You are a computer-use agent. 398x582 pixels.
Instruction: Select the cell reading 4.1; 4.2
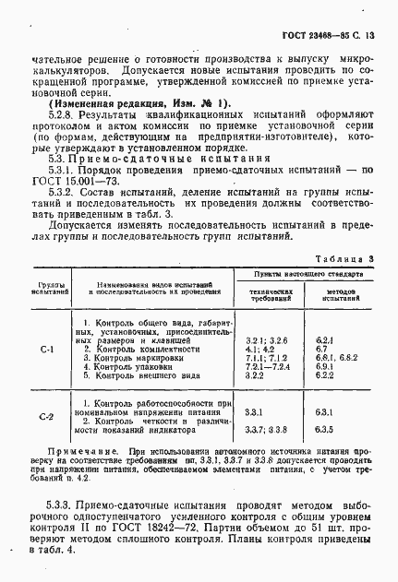pos(259,349)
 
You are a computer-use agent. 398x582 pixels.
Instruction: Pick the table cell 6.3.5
pos(323,429)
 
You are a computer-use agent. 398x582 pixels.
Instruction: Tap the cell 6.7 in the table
pos(320,349)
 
